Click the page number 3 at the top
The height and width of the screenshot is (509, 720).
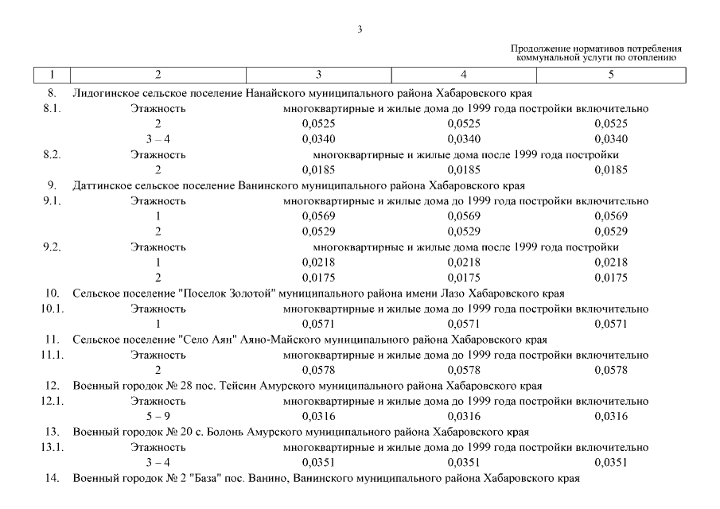[x=360, y=30]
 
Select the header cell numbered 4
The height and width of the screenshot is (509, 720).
[x=464, y=75]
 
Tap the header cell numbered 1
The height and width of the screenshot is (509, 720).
[x=52, y=75]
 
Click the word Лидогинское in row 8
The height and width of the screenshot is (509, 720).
[x=103, y=93]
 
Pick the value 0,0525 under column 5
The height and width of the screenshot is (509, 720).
[x=611, y=123]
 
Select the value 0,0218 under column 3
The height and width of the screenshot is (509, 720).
[x=319, y=262]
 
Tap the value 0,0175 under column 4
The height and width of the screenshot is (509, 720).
[x=464, y=278]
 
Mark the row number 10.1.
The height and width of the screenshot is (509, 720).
[x=52, y=309]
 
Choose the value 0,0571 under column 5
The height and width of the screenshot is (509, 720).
[x=611, y=324]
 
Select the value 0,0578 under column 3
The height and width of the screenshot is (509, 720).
[x=319, y=371]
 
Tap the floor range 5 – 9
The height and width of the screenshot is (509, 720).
[x=158, y=417]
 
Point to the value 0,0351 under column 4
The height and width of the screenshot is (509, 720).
[x=464, y=463]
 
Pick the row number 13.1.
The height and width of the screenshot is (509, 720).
[x=52, y=448]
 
